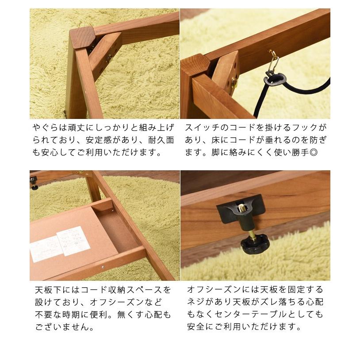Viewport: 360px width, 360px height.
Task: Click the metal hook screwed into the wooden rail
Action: pos(273,57)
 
